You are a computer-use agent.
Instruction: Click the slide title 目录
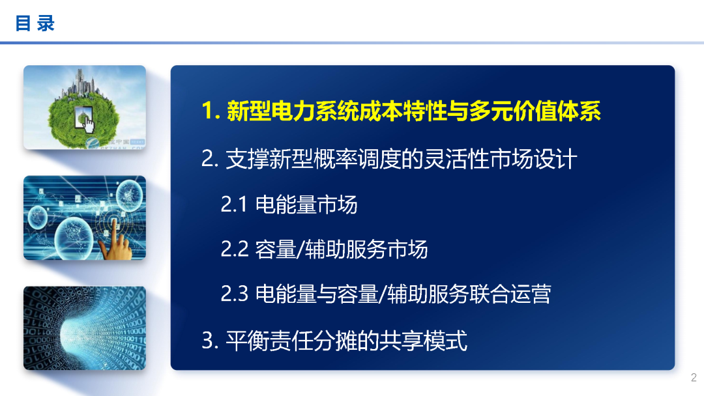coord(35,24)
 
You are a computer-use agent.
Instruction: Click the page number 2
coord(694,378)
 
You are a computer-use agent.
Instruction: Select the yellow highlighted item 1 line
coord(401,111)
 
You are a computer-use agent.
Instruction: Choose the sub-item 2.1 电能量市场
coord(289,205)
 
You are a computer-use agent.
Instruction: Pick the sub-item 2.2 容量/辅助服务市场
coord(324,249)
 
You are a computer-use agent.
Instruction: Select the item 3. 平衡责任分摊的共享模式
coord(334,340)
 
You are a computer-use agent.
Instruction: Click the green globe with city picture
coord(85,107)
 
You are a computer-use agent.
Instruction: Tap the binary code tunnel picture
coord(85,328)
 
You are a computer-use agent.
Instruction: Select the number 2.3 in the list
coord(235,294)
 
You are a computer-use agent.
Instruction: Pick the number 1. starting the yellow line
coord(210,111)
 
